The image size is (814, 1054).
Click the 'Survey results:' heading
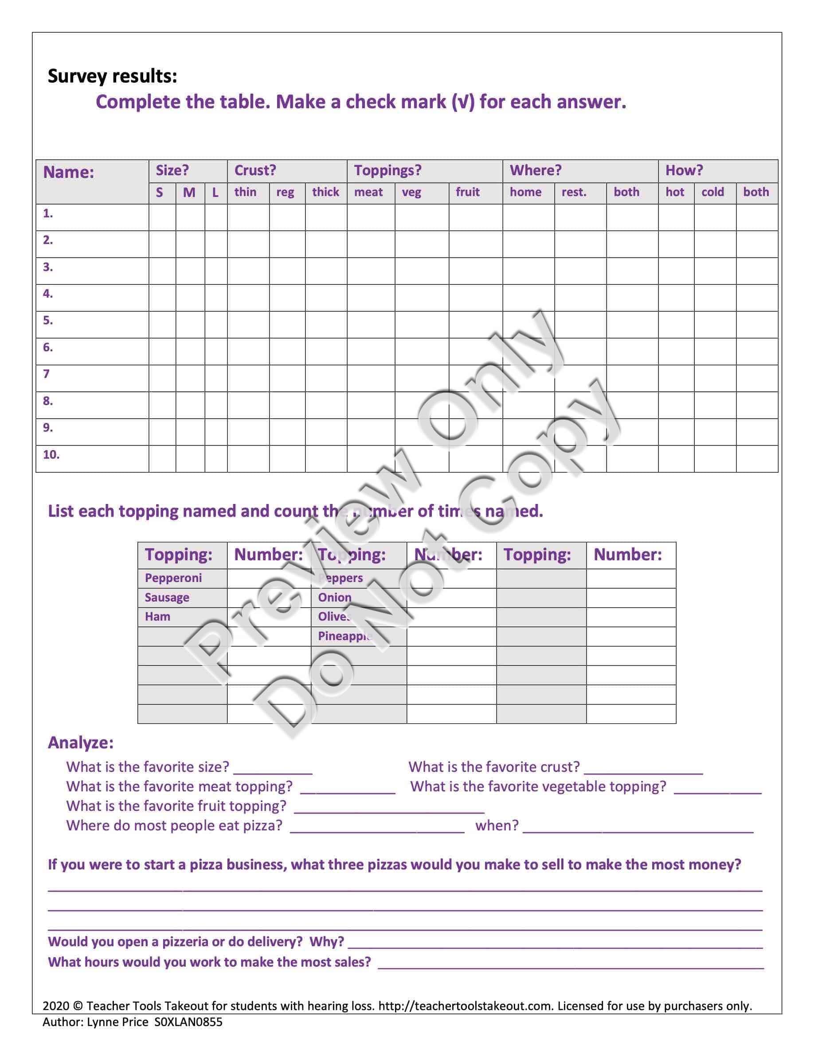(x=112, y=76)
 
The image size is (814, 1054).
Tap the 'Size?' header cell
(x=172, y=170)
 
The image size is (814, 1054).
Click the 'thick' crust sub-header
(x=325, y=192)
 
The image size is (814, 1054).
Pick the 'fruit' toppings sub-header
(x=467, y=192)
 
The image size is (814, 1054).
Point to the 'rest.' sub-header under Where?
(x=574, y=192)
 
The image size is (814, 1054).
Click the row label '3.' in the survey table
(x=48, y=267)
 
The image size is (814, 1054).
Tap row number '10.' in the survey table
(x=51, y=455)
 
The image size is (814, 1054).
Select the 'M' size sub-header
(x=189, y=193)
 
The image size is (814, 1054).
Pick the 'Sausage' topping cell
(x=167, y=598)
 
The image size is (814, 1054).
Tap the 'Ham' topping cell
(x=157, y=616)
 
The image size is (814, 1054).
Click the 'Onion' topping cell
(x=334, y=598)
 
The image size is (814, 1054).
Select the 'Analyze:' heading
(x=81, y=742)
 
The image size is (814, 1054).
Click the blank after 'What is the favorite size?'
(x=273, y=768)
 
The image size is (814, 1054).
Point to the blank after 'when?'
(x=638, y=827)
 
